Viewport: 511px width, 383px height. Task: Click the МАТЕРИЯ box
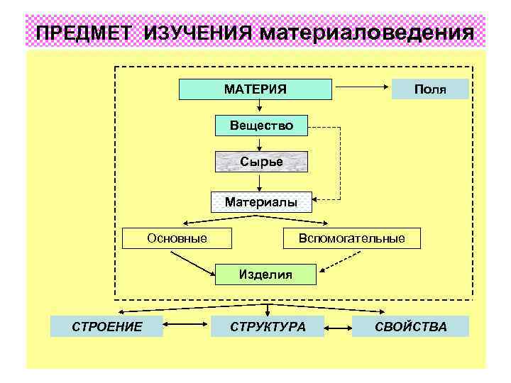coord(255,89)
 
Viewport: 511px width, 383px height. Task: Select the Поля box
coord(430,89)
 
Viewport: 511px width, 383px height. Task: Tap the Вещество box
coord(261,126)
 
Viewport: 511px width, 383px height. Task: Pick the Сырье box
coord(261,162)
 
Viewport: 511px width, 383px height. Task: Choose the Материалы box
coord(261,202)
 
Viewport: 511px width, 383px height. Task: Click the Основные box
coord(177,238)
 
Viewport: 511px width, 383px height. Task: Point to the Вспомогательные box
coord(352,238)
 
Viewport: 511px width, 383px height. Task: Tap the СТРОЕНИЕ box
coord(106,326)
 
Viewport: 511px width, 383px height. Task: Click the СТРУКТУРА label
coord(268,326)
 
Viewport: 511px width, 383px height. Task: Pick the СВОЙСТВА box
coord(412,326)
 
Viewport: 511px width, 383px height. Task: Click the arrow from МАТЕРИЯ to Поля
coord(361,89)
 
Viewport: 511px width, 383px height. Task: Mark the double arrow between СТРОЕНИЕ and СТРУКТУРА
coord(187,326)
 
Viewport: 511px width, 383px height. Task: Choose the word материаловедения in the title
coord(367,33)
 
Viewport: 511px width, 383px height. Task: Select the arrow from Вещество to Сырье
coord(261,143)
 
